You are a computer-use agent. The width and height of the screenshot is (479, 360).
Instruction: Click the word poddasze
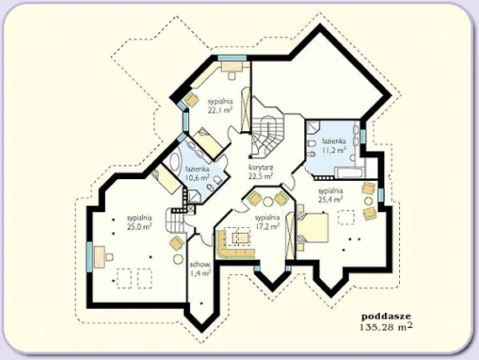pos(386,316)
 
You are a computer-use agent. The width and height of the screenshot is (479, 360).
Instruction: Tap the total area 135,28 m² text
pos(386,326)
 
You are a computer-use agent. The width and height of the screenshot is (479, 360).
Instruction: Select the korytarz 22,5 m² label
pos(261,172)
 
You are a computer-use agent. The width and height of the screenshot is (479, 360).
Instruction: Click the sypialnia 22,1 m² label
pos(220,105)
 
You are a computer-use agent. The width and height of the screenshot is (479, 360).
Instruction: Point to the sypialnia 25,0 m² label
pos(139,222)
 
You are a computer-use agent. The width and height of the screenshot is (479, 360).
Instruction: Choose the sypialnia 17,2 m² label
pos(267,222)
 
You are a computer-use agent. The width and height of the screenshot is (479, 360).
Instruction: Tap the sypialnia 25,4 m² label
pos(330,195)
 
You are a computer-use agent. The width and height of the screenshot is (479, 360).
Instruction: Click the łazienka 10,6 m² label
pos(197,172)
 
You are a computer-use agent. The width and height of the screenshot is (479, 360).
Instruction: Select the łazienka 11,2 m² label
pos(334,145)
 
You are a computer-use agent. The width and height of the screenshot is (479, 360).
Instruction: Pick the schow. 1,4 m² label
pos(200,268)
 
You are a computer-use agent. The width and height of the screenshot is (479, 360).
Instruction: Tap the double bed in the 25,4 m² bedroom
pos(312,228)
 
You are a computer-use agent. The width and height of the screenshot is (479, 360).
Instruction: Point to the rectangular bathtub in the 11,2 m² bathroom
pos(350,172)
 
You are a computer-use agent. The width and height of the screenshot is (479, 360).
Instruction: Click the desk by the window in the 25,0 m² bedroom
pos(99,257)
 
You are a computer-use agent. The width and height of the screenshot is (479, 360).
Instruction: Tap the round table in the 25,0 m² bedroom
pos(178,259)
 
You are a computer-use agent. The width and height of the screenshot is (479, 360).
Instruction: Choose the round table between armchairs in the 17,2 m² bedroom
pos(269,201)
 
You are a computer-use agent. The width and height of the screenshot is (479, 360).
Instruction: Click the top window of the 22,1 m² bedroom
pos(232,58)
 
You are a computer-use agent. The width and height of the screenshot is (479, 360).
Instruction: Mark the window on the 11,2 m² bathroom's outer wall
pos(363,136)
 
